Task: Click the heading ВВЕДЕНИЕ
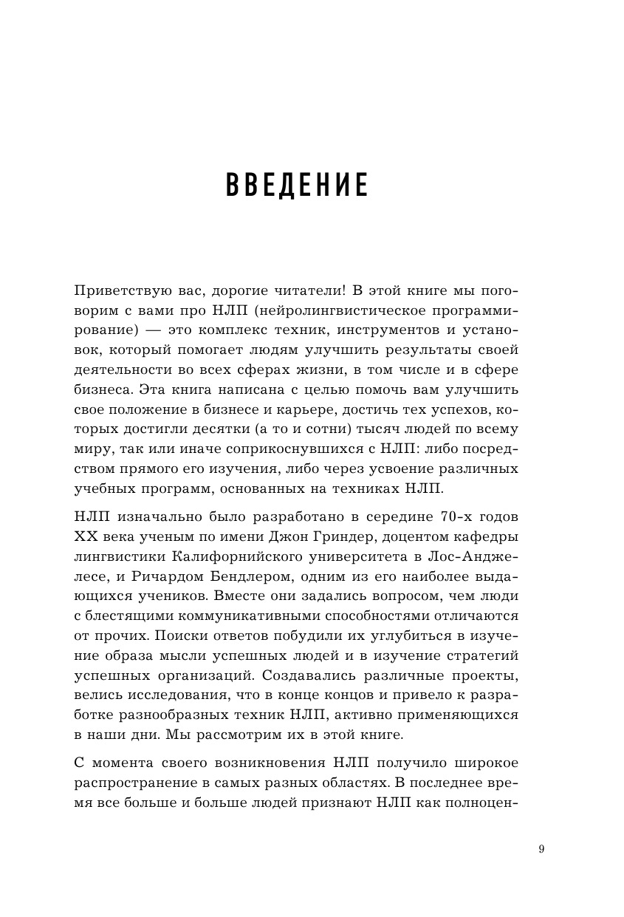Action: click(x=297, y=185)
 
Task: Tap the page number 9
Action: click(x=541, y=848)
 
